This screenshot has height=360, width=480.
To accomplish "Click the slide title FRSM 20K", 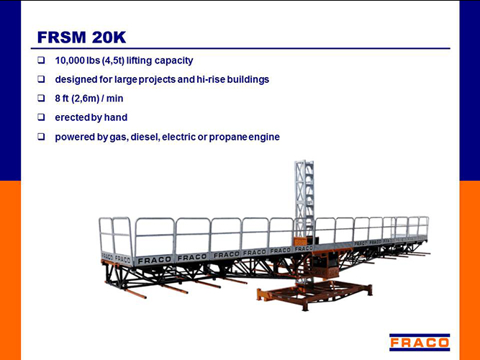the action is (x=81, y=37).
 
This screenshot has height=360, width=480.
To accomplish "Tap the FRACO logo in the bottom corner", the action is (x=420, y=342).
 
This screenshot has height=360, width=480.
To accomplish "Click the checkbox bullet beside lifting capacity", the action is (x=41, y=60).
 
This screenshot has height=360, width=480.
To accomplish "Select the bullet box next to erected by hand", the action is (x=41, y=117).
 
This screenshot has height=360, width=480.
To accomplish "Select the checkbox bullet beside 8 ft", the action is (x=41, y=98).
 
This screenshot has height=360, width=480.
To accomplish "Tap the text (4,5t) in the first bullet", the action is (x=113, y=60).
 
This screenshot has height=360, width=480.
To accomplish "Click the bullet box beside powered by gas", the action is (x=41, y=137).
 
